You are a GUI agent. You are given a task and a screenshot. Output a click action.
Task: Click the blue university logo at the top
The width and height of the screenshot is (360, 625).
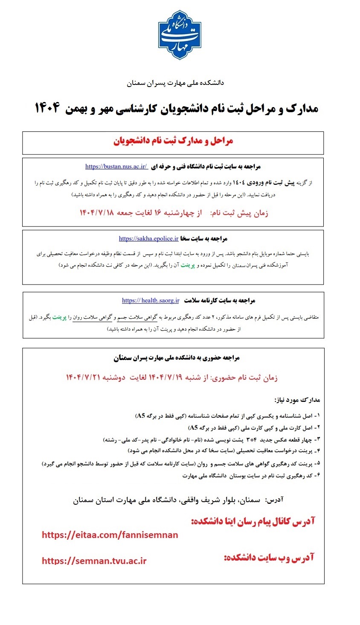pyautogui.click(x=179, y=35)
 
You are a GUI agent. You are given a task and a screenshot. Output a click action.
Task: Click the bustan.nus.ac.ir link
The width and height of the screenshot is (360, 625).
pyautogui.click(x=116, y=166)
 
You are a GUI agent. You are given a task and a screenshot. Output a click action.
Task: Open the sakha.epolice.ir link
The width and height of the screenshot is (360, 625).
pyautogui.click(x=148, y=238)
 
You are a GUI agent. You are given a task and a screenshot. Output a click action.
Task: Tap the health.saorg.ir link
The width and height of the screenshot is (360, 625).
pyautogui.click(x=151, y=300)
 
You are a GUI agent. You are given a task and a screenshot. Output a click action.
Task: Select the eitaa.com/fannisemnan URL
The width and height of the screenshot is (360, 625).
pyautogui.click(x=110, y=535)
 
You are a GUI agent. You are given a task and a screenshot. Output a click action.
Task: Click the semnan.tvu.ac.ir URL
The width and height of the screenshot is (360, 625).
pyautogui.click(x=94, y=561)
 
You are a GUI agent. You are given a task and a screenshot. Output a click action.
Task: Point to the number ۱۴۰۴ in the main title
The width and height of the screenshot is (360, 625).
pyautogui.click(x=47, y=108)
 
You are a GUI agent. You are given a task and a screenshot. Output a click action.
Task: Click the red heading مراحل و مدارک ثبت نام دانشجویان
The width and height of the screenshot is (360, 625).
pyautogui.click(x=173, y=141)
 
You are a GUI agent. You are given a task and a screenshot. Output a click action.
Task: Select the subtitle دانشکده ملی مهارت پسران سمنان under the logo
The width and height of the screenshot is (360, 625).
pyautogui.click(x=175, y=83)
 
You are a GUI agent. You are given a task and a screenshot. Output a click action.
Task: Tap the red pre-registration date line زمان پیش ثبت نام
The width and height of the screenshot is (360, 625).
pyautogui.click(x=174, y=212)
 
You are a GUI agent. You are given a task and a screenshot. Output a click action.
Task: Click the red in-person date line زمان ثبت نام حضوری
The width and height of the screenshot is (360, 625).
pyautogui.click(x=171, y=377)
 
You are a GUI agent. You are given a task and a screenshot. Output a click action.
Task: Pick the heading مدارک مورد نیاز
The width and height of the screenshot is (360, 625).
pyautogui.click(x=297, y=400)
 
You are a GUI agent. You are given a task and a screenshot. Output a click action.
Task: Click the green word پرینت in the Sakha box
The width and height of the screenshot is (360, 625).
pyautogui.click(x=187, y=265)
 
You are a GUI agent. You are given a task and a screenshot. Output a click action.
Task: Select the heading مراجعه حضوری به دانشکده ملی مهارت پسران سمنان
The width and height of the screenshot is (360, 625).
pyautogui.click(x=177, y=358)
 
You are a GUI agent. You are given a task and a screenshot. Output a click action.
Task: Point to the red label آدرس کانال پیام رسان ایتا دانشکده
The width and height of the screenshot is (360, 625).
pyautogui.click(x=253, y=521)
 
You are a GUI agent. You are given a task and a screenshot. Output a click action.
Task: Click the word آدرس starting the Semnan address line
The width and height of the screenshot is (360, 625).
pyautogui.click(x=274, y=500)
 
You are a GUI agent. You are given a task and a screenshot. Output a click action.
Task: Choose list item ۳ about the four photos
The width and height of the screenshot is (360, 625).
pyautogui.click(x=211, y=439)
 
